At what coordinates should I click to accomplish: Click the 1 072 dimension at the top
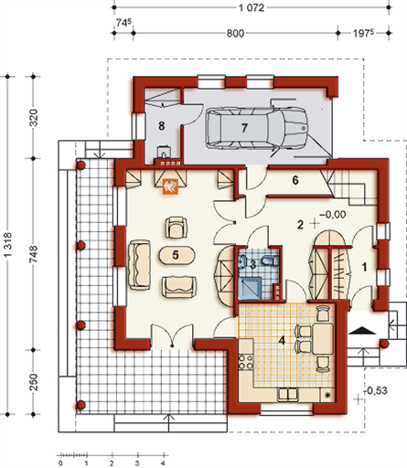252,7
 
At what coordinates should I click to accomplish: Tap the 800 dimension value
235,33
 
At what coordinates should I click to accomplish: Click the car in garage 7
257,128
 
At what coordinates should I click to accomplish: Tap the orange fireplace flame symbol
171,186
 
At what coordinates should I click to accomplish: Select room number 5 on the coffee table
176,255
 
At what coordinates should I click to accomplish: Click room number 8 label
162,125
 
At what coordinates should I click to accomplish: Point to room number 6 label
295,180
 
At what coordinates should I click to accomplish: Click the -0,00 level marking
333,215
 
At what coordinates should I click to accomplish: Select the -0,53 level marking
376,390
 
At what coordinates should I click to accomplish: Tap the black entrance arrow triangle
362,330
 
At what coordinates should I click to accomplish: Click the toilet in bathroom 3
270,261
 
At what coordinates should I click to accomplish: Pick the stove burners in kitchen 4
246,361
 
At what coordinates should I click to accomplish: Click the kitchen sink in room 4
287,394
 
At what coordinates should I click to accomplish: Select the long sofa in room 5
139,264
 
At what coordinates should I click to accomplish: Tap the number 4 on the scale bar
163,463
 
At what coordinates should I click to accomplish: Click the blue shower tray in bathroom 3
250,288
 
